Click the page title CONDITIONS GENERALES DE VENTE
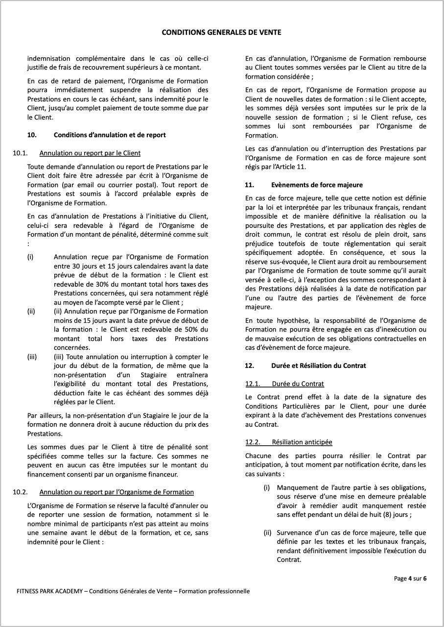pyautogui.click(x=221, y=33)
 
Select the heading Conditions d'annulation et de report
pyautogui.click(x=110, y=135)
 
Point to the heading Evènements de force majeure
pyautogui.click(x=317, y=185)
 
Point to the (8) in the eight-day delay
pyautogui.click(x=371, y=515)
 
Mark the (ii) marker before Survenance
pyautogui.click(x=267, y=532)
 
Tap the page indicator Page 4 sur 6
pyautogui.click(x=410, y=579)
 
